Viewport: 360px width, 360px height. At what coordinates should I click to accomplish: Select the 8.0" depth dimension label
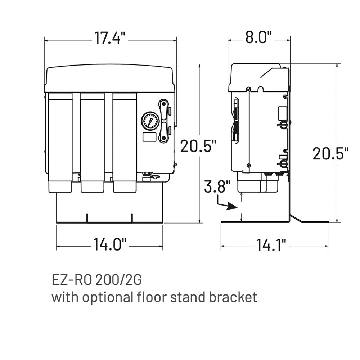pos(258,37)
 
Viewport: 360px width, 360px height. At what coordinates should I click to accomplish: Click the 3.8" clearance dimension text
pos(217,187)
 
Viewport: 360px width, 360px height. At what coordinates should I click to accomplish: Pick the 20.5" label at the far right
pos(330,154)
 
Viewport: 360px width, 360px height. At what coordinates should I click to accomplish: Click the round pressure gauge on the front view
pos(150,121)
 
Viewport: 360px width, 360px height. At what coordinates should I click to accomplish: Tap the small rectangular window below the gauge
pos(149,137)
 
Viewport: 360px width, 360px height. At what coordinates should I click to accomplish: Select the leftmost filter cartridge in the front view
pos(60,140)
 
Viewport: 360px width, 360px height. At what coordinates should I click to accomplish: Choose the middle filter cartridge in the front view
pos(93,140)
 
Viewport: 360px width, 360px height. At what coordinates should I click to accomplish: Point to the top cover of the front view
pos(109,78)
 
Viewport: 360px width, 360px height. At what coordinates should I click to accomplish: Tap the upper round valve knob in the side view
pos(283,125)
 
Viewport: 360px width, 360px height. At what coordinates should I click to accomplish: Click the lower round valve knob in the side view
pos(283,164)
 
